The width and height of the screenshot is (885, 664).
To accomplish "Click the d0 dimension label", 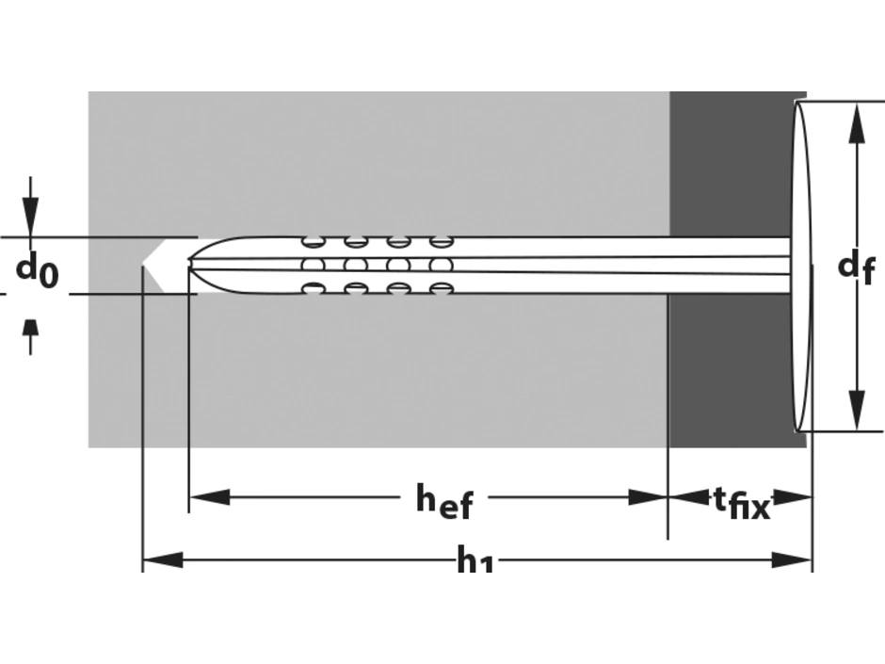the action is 37,270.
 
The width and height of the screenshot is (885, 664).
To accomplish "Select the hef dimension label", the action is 444,501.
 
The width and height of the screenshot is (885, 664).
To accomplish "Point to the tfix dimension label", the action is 742,503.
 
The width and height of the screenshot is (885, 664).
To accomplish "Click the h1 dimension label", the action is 475,561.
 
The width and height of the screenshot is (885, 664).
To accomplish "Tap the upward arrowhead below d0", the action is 30,329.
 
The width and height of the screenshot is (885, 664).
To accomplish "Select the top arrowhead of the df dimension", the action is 857,123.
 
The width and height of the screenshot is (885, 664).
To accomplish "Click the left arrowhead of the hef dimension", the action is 209,497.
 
